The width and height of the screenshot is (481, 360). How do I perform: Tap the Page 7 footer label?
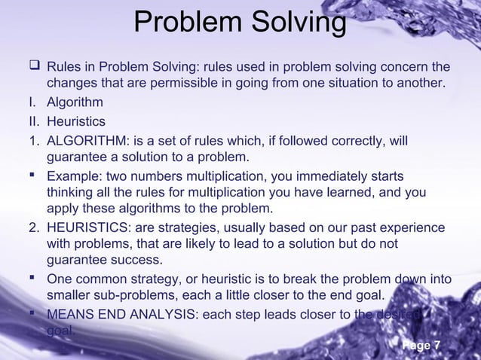pos(421,346)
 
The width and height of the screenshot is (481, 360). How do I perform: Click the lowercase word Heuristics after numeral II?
pos(76,121)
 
